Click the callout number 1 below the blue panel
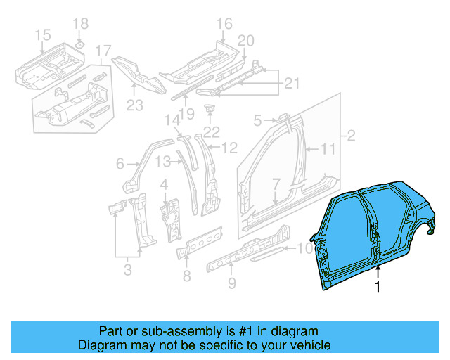378,286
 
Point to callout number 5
258,120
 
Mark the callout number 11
328,149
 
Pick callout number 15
42,34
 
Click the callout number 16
224,25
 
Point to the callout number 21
291,85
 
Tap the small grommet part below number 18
79,46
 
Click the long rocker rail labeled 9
246,250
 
